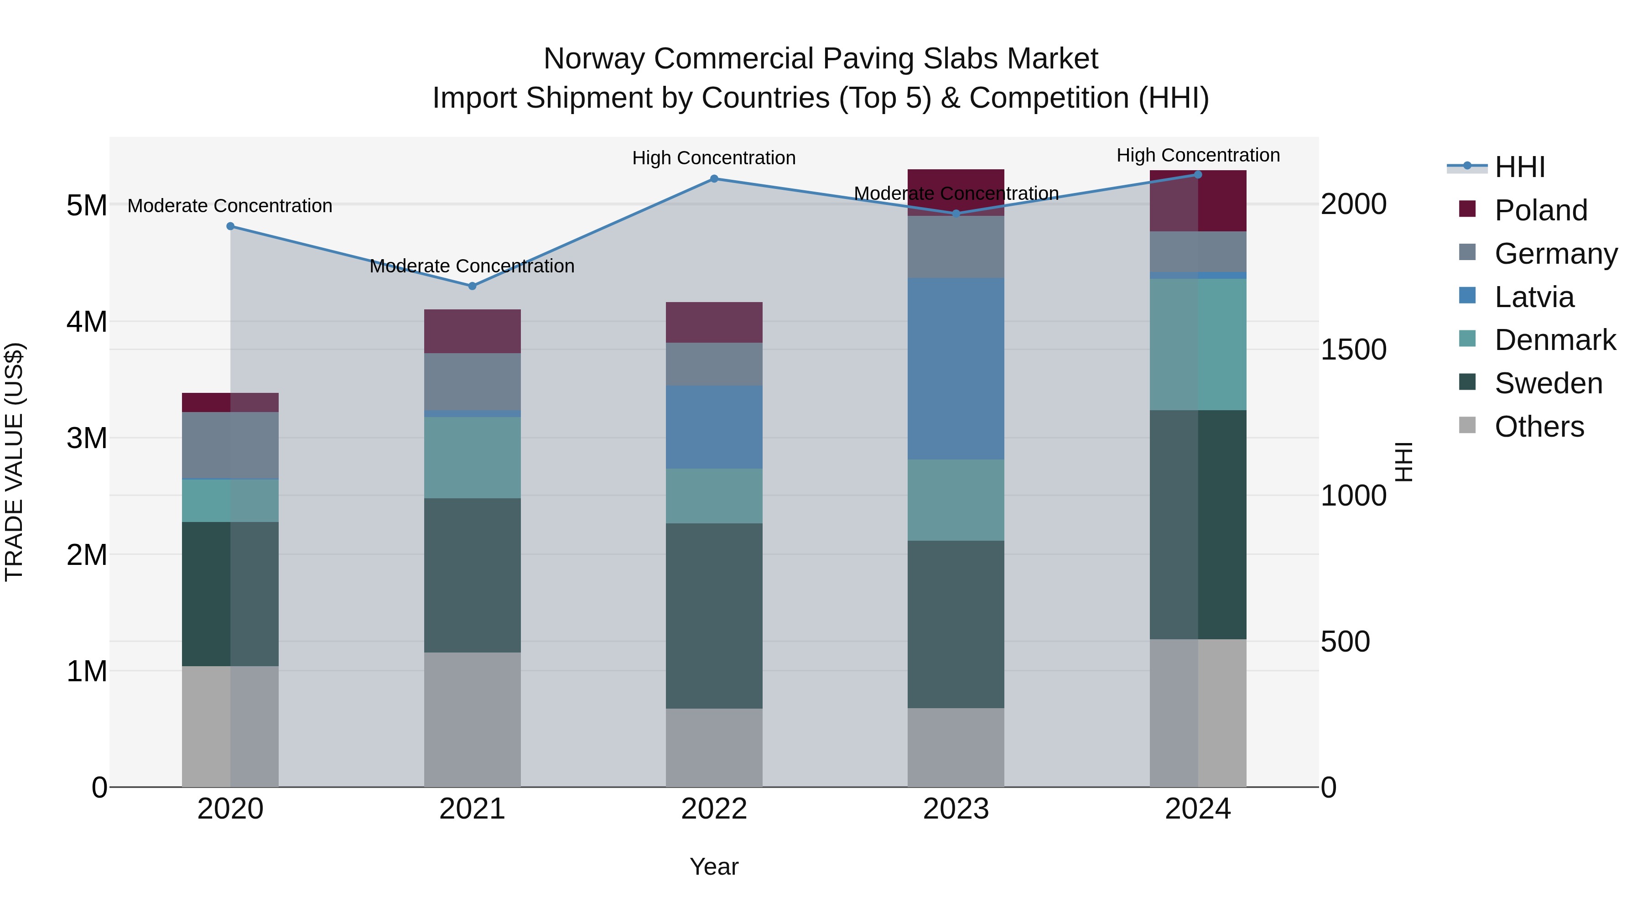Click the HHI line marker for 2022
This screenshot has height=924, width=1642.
[714, 179]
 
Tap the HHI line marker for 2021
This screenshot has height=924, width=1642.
[473, 286]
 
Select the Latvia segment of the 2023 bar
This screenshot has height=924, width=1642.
[956, 369]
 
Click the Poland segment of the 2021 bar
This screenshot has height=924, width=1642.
[473, 332]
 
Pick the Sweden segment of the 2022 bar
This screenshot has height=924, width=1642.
[714, 616]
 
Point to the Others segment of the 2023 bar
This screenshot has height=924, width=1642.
[956, 747]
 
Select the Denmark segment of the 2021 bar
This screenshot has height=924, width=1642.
[473, 458]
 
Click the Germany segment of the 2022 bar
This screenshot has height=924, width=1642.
[714, 364]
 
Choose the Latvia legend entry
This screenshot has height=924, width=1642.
[1533, 297]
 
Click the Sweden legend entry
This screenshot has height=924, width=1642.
[1548, 384]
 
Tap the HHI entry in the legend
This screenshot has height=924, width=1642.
[1519, 167]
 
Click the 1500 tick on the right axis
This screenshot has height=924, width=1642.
[1353, 350]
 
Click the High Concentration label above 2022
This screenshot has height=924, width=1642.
[714, 158]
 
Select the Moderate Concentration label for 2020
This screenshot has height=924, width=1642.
[230, 206]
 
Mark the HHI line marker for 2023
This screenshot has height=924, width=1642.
[956, 214]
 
